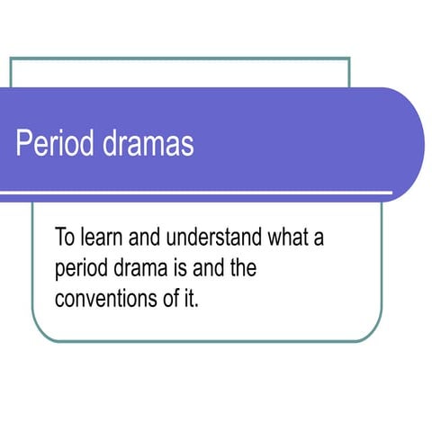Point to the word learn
click(x=106, y=238)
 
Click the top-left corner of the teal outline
click(x=11, y=58)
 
